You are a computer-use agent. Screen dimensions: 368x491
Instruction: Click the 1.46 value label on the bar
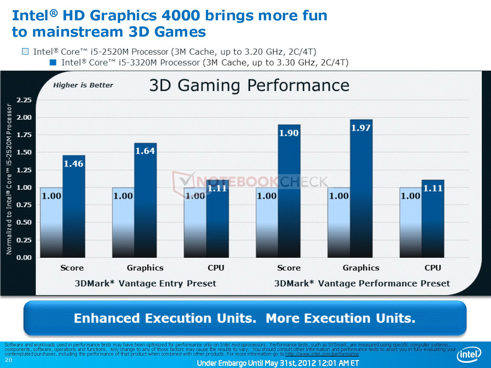(x=73, y=164)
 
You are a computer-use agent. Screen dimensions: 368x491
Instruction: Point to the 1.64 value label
(x=145, y=151)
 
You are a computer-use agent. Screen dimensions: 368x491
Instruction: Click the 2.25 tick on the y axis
(x=24, y=100)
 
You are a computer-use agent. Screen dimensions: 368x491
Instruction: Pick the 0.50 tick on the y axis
(x=24, y=222)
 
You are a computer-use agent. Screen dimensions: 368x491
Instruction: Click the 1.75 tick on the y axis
(x=24, y=135)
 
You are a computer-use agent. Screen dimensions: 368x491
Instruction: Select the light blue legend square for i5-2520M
(x=25, y=52)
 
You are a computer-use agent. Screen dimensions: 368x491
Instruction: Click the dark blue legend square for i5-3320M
(x=53, y=62)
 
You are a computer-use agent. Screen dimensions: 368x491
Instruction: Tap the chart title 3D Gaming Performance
(x=249, y=85)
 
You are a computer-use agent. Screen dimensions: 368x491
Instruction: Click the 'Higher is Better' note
(x=83, y=85)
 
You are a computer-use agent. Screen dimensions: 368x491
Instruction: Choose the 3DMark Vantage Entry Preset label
(x=145, y=283)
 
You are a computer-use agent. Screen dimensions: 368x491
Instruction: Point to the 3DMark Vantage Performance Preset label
(x=362, y=283)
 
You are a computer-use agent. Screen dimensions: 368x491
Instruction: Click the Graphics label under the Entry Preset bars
(x=145, y=268)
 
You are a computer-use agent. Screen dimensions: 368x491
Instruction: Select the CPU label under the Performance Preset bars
(x=433, y=268)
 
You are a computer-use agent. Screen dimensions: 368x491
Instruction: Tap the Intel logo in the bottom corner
(x=469, y=355)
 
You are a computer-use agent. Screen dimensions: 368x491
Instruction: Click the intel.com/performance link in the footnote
(x=322, y=354)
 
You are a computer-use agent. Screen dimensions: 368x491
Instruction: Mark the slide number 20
(x=8, y=360)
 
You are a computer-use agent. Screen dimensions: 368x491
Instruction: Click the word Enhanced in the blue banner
(x=107, y=318)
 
